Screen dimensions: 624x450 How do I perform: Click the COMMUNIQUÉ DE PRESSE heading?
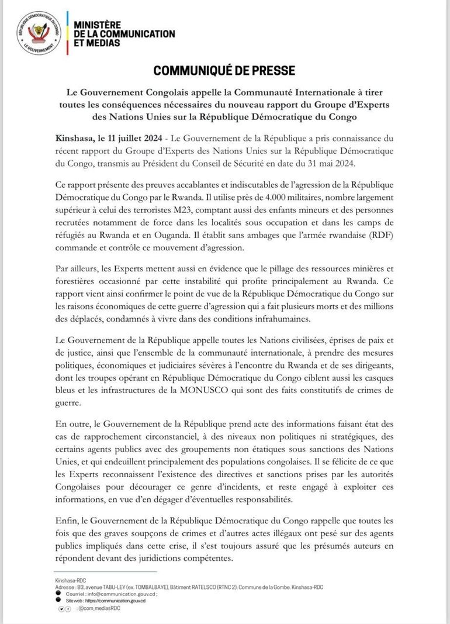(x=224, y=71)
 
